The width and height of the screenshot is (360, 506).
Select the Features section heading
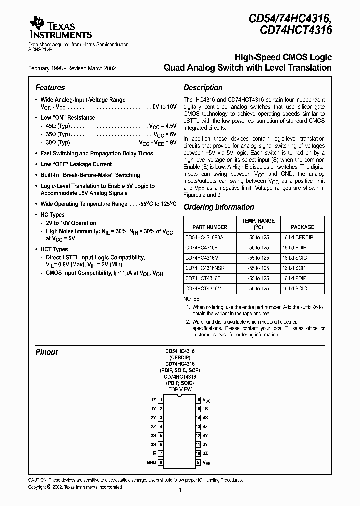click(x=50, y=88)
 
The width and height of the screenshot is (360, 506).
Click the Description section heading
click(x=203, y=88)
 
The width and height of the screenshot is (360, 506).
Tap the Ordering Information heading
click(x=219, y=207)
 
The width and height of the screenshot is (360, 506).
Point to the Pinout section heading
click(x=46, y=352)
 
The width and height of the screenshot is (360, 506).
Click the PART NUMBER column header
click(x=206, y=227)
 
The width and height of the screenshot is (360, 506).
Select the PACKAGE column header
click(x=302, y=227)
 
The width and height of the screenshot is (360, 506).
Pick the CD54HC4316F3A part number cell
click(x=205, y=238)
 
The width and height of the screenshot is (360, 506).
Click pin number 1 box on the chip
click(x=161, y=400)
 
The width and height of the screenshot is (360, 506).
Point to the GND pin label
click(x=152, y=463)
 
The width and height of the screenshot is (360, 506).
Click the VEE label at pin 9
click(x=206, y=463)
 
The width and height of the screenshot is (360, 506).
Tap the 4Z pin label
click(x=205, y=427)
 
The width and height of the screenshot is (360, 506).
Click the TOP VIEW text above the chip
click(x=180, y=389)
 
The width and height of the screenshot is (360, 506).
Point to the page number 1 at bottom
click(x=179, y=491)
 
